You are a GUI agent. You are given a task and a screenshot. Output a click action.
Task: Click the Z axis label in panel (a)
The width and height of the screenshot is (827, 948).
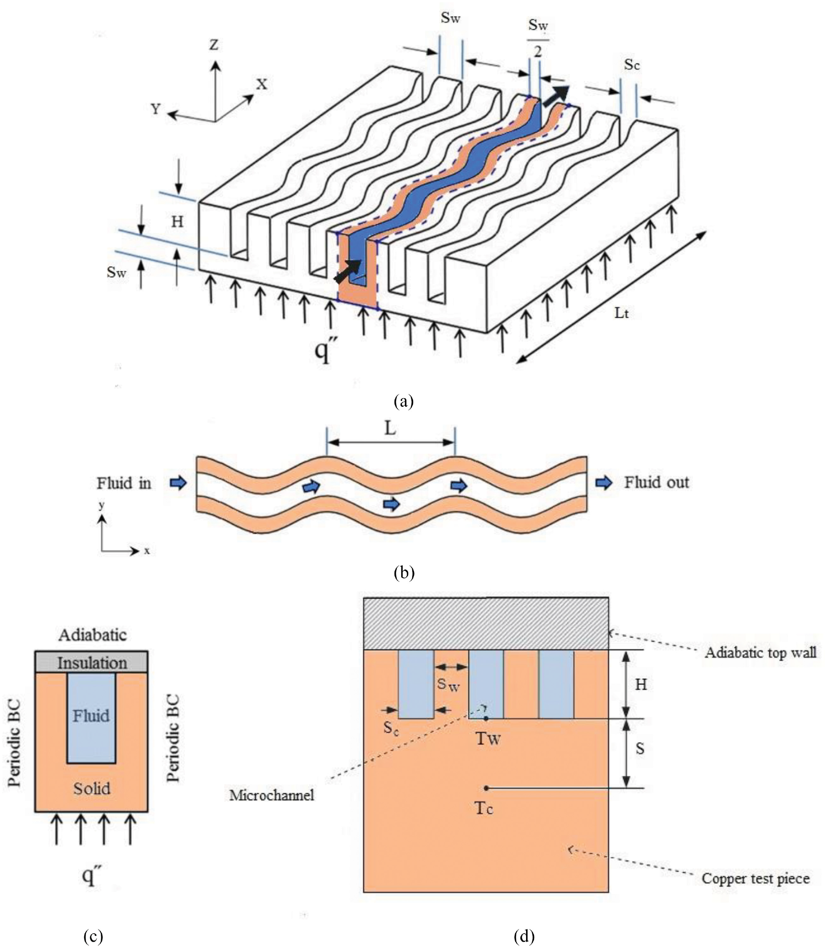[214, 45]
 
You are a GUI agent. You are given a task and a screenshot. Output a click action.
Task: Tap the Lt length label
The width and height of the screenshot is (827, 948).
[621, 313]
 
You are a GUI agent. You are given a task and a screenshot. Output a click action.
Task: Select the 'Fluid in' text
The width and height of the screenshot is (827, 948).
[124, 483]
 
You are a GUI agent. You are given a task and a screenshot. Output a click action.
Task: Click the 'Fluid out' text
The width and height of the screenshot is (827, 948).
[656, 482]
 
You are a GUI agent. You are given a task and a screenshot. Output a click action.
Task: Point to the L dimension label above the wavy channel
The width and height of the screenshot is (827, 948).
[390, 429]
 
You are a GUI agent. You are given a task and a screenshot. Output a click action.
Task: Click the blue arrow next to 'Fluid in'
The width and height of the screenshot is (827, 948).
[178, 483]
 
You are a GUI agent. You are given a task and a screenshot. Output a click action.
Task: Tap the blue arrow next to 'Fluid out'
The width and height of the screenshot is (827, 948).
[604, 483]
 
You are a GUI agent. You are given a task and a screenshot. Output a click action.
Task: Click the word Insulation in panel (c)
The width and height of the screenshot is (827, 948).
[92, 663]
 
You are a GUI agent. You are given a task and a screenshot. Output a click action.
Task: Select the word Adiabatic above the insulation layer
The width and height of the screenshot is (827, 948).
[92, 635]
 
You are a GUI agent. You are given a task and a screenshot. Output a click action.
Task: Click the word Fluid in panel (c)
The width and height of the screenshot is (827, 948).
[91, 716]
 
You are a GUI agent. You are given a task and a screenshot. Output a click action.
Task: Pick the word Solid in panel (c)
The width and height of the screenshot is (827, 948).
[92, 788]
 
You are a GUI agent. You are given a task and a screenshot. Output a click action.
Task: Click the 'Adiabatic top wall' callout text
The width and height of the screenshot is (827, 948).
[760, 653]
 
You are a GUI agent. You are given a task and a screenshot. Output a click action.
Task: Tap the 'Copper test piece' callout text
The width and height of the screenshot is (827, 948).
[756, 878]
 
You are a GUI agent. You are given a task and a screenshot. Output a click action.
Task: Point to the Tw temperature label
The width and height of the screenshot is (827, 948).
[488, 739]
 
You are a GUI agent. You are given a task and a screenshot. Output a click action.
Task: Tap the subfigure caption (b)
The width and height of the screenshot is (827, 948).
[404, 573]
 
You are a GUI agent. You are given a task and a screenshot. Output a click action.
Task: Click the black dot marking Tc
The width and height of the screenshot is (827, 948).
[486, 788]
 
